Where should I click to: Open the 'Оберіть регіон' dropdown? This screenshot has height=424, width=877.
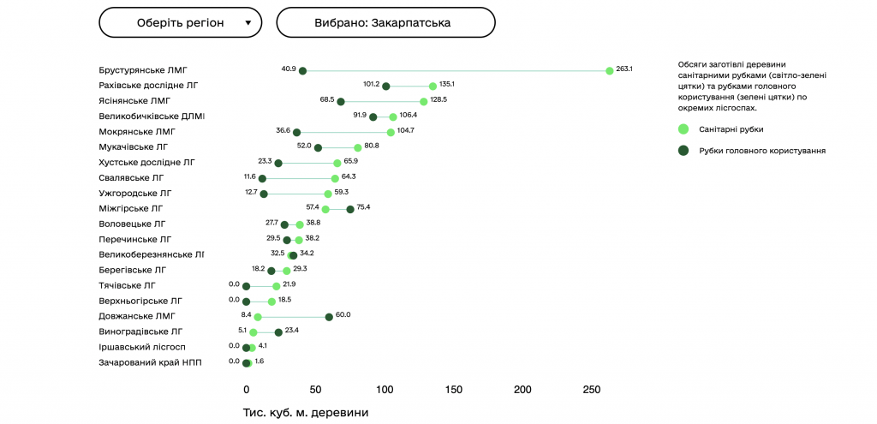[x=180, y=23]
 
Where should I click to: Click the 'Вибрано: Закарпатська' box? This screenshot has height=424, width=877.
[x=385, y=23]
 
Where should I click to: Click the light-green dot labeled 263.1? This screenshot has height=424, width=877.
[x=610, y=70]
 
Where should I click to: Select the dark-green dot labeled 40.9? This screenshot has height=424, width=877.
[x=302, y=70]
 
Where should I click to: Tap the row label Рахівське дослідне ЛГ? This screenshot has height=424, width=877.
[x=149, y=86]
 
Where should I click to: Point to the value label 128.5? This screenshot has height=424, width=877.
[x=438, y=99]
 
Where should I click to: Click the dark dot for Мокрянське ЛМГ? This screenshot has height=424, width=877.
[x=297, y=132]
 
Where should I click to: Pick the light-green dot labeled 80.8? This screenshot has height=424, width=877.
[x=358, y=147]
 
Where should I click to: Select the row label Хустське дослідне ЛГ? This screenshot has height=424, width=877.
[x=147, y=162]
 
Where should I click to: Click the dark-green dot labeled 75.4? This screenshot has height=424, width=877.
[x=350, y=209]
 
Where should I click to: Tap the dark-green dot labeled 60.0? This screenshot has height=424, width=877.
[x=329, y=317]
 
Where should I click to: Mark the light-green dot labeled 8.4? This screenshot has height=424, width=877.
[x=258, y=317]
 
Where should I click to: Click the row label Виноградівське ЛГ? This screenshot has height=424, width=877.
[x=141, y=331]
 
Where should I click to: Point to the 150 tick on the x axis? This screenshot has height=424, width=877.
[x=454, y=390]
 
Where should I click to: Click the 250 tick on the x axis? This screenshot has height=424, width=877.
[x=593, y=390]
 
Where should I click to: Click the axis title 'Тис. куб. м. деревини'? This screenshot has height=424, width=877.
[x=306, y=413]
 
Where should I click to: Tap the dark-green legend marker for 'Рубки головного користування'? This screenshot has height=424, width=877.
[x=683, y=151]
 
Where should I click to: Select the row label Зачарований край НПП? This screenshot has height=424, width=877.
[x=151, y=362]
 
